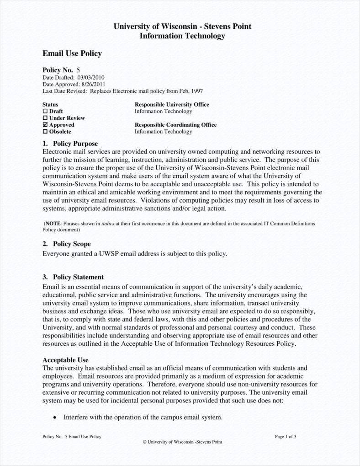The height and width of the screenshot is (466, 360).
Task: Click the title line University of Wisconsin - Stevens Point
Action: [182, 27]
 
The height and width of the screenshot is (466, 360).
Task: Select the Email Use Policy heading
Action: [72, 54]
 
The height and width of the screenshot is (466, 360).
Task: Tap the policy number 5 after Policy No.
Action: [78, 70]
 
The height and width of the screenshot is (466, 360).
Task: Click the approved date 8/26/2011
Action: [93, 84]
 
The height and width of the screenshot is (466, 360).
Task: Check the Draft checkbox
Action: [45, 111]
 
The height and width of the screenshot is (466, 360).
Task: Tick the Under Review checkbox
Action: [45, 118]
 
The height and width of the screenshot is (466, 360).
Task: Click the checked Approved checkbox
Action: [45, 125]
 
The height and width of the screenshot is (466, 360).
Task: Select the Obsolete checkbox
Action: [45, 132]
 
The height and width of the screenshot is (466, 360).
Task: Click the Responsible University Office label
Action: [172, 104]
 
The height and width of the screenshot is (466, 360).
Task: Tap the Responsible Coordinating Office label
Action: [175, 125]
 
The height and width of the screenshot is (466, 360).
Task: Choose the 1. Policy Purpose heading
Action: [70, 144]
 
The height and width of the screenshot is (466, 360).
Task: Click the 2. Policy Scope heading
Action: [67, 244]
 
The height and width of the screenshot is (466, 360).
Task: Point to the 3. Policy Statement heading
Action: [73, 277]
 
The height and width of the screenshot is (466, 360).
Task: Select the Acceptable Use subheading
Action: [65, 360]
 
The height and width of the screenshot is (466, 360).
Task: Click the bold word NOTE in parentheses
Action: [53, 224]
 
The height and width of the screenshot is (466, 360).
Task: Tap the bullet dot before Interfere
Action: [55, 418]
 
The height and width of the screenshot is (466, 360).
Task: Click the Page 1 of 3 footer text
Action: [286, 436]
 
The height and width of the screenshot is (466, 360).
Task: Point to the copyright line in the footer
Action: [182, 442]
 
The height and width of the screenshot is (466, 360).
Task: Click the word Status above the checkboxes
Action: [50, 104]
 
